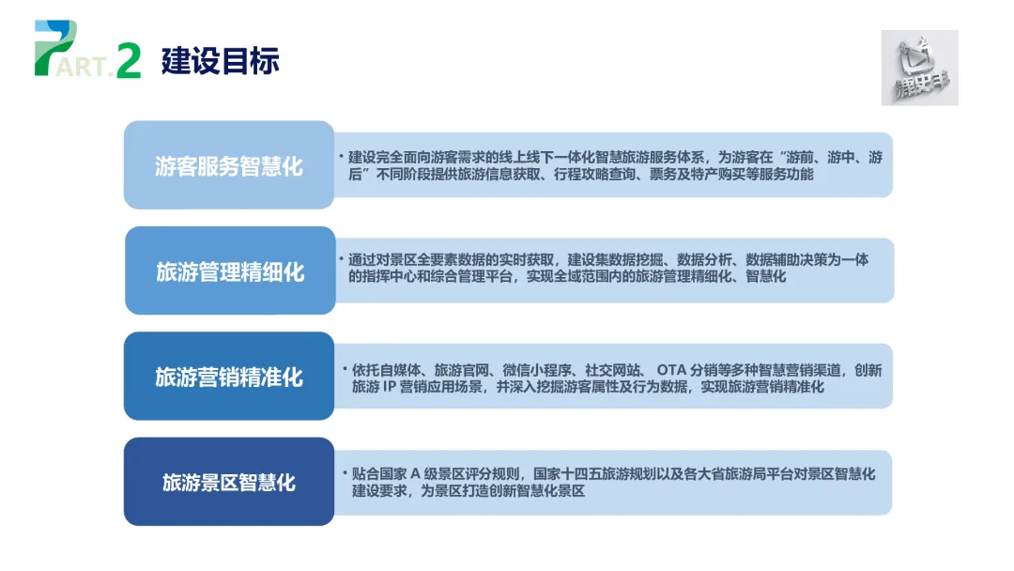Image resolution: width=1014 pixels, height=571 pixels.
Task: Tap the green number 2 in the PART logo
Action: pyautogui.click(x=129, y=61)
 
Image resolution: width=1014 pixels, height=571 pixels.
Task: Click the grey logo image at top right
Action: pyautogui.click(x=919, y=68)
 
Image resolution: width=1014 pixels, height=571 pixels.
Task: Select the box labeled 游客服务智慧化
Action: pyautogui.click(x=229, y=166)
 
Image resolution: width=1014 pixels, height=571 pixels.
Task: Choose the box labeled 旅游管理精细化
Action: pyautogui.click(x=230, y=272)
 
